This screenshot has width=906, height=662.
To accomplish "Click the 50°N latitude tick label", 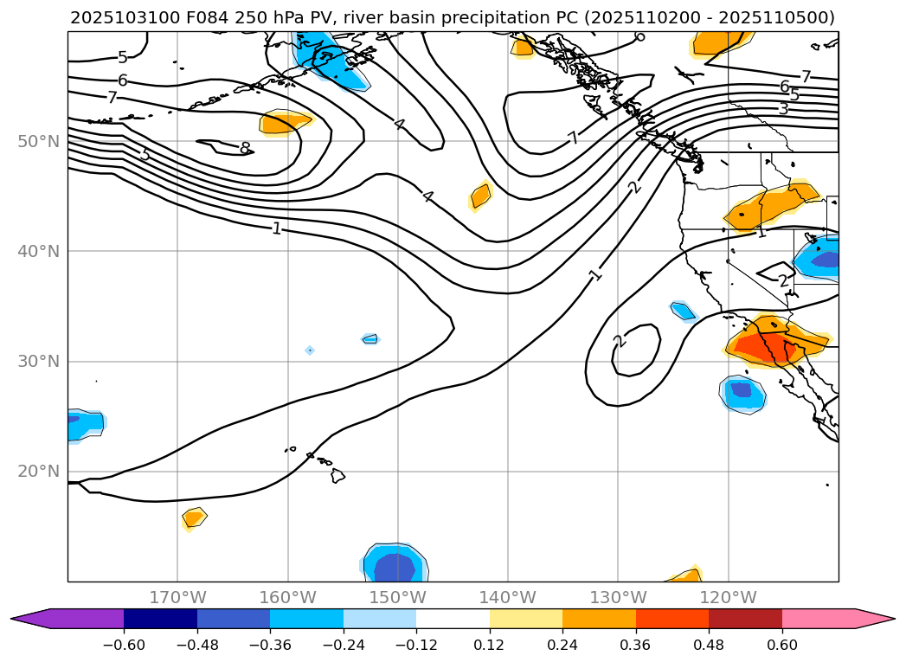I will [38, 141].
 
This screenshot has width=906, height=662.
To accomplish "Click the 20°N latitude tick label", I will [38, 472].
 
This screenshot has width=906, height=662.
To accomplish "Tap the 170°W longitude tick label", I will [177, 597].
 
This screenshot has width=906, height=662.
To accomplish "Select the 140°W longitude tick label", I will [508, 597].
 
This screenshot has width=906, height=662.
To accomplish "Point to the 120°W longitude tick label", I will [728, 597].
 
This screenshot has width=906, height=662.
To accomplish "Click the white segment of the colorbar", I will [453, 618].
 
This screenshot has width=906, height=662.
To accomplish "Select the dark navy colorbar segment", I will [160, 618].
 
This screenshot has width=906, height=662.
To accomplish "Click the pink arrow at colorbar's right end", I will [875, 618].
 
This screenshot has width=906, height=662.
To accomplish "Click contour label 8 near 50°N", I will [244, 148].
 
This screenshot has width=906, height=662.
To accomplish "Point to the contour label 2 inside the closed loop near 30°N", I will [619, 341].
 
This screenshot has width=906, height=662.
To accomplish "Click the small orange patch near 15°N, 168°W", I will [194, 518].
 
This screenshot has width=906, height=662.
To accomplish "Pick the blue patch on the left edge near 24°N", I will [84, 423].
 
